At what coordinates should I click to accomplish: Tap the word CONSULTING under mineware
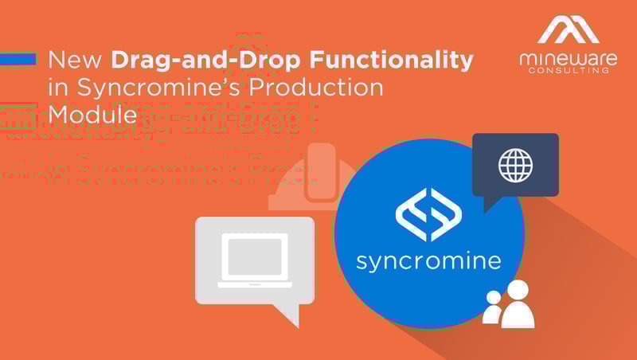(567, 71)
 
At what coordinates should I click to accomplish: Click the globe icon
(515, 164)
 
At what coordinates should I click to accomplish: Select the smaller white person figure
(494, 308)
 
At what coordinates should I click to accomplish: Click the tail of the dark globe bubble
(491, 203)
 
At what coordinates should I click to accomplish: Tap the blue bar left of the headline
(18, 59)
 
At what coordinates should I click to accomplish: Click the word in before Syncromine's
(57, 87)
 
